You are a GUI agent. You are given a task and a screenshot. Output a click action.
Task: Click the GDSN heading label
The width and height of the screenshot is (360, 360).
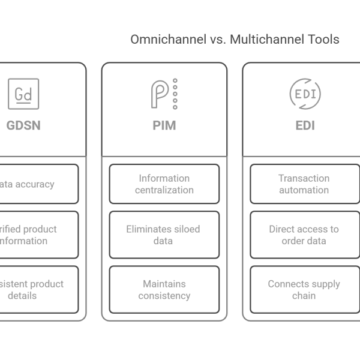23,126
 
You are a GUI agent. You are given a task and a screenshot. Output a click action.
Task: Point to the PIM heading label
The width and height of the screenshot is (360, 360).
164,126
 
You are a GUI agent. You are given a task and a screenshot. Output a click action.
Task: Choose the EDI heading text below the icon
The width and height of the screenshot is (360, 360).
305,126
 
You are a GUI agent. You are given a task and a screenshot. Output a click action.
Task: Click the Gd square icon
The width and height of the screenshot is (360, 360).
23,94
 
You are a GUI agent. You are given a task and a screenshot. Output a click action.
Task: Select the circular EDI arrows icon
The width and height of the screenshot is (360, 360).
305,94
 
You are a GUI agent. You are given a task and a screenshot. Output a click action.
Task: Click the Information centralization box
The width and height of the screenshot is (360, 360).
164,184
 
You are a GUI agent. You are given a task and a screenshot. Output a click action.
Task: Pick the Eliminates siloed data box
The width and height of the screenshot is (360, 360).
164,235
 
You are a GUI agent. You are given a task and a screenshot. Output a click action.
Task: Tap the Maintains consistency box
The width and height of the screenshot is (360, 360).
164,289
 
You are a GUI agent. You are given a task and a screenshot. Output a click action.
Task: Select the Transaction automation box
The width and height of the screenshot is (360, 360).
305,184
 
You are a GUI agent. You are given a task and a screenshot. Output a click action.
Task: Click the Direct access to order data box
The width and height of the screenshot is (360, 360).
305,235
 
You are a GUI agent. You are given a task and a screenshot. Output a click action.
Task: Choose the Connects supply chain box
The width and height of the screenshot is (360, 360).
305,289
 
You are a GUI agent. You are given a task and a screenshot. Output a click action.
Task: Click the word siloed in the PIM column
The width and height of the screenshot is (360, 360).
184,229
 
